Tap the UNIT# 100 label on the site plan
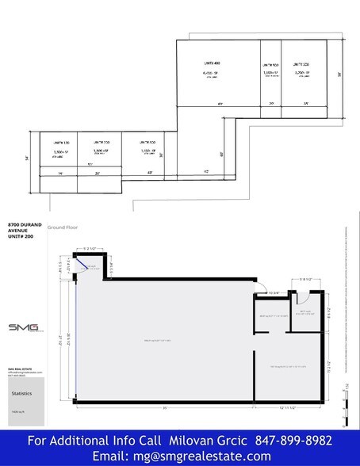(x=49, y=142)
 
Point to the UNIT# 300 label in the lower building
(x=147, y=142)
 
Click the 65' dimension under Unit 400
(x=220, y=104)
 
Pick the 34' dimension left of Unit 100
(x=28, y=159)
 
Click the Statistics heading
(x=22, y=392)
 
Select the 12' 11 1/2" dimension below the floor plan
(x=288, y=407)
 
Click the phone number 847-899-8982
(x=293, y=440)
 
